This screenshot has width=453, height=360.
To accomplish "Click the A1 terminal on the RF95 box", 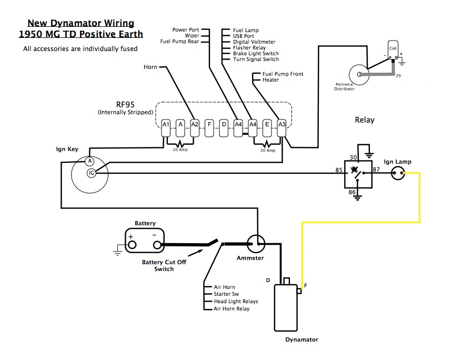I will click(x=166, y=125).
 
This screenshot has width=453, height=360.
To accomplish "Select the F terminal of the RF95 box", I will click(x=209, y=125).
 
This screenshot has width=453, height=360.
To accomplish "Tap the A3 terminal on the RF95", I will click(x=281, y=125).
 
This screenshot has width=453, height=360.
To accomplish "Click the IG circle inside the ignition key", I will click(x=91, y=173).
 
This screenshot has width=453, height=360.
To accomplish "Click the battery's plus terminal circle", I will click(x=132, y=245).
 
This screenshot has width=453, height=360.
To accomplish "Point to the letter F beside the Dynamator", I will click(x=306, y=285).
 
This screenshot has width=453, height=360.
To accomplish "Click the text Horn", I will click(x=150, y=67).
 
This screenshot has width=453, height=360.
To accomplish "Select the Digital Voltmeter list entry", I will click(x=254, y=42).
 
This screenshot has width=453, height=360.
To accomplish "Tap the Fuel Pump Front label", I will click(x=283, y=74).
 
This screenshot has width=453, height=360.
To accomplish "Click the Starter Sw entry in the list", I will click(x=226, y=294).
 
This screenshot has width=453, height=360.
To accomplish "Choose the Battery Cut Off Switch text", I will click(x=164, y=265).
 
